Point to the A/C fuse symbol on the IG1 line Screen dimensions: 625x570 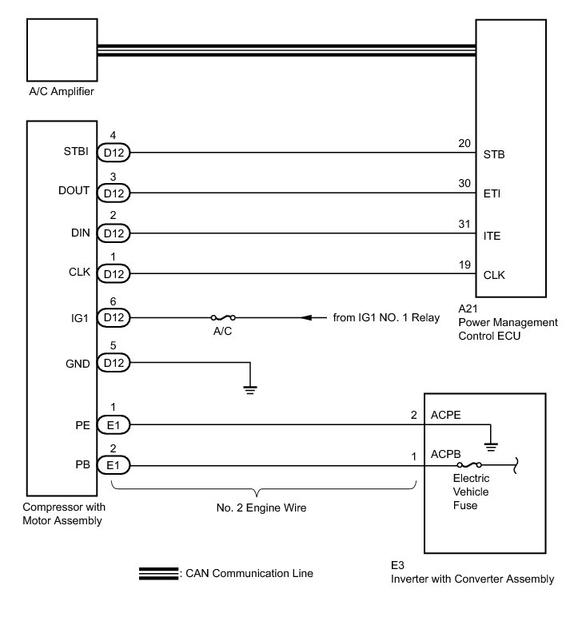click(222, 318)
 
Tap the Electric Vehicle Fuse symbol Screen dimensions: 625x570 click(468, 465)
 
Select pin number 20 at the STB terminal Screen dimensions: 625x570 click(463, 145)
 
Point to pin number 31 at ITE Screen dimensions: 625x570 click(463, 226)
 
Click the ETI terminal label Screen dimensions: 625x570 click(493, 193)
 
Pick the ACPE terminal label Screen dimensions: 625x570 click(447, 415)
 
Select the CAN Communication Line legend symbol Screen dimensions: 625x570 click(158, 573)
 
